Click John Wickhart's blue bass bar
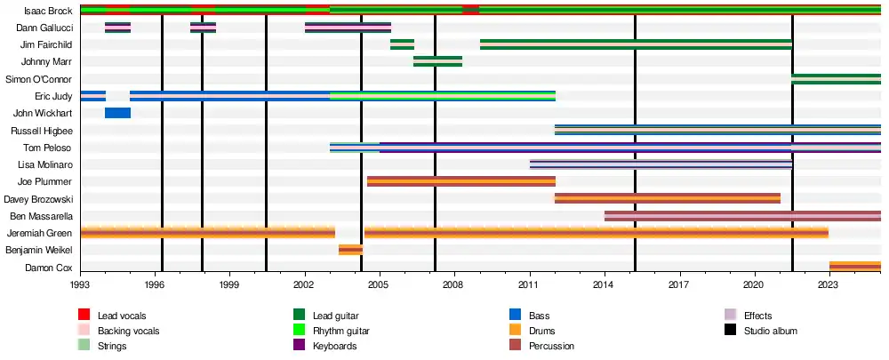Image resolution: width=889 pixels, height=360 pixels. coord(117,113)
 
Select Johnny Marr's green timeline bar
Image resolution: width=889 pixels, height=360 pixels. coord(437,61)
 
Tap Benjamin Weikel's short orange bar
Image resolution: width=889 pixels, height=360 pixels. coord(350,250)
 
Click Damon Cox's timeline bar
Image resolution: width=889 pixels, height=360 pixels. coord(854,267)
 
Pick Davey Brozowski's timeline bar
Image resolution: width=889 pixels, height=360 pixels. coord(667,198)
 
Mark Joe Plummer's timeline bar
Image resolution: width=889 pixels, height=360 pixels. coord(461,181)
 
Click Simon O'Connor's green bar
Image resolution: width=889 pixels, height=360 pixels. coord(836,79)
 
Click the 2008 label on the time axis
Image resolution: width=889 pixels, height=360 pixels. coord(454,285)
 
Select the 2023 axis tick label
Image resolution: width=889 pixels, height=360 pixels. coord(829,285)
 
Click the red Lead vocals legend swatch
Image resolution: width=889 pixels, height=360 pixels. coord(84,315)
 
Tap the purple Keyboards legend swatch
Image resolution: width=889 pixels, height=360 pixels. coord(300,346)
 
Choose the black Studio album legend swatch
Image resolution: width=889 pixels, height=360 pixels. coord(731,331)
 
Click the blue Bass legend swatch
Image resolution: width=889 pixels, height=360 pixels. coord(515,315)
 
